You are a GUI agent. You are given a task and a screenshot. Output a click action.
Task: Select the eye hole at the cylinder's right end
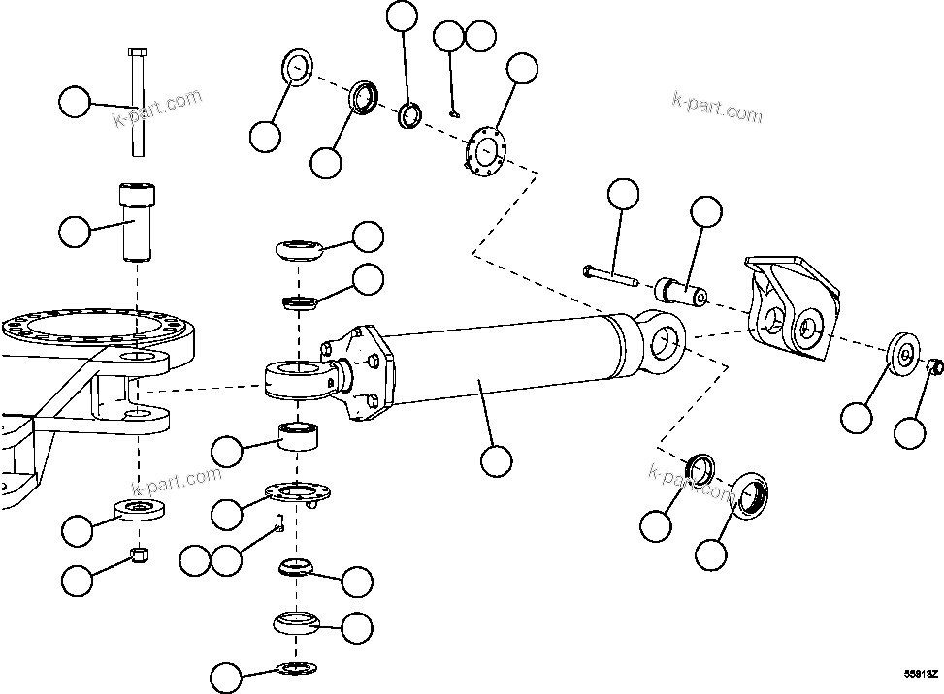tap(665, 339)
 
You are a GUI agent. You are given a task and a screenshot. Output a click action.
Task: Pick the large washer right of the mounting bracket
tap(902, 355)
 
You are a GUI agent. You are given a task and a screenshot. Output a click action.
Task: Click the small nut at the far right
tap(935, 367)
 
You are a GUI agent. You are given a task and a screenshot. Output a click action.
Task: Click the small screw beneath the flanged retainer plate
tap(278, 523)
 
